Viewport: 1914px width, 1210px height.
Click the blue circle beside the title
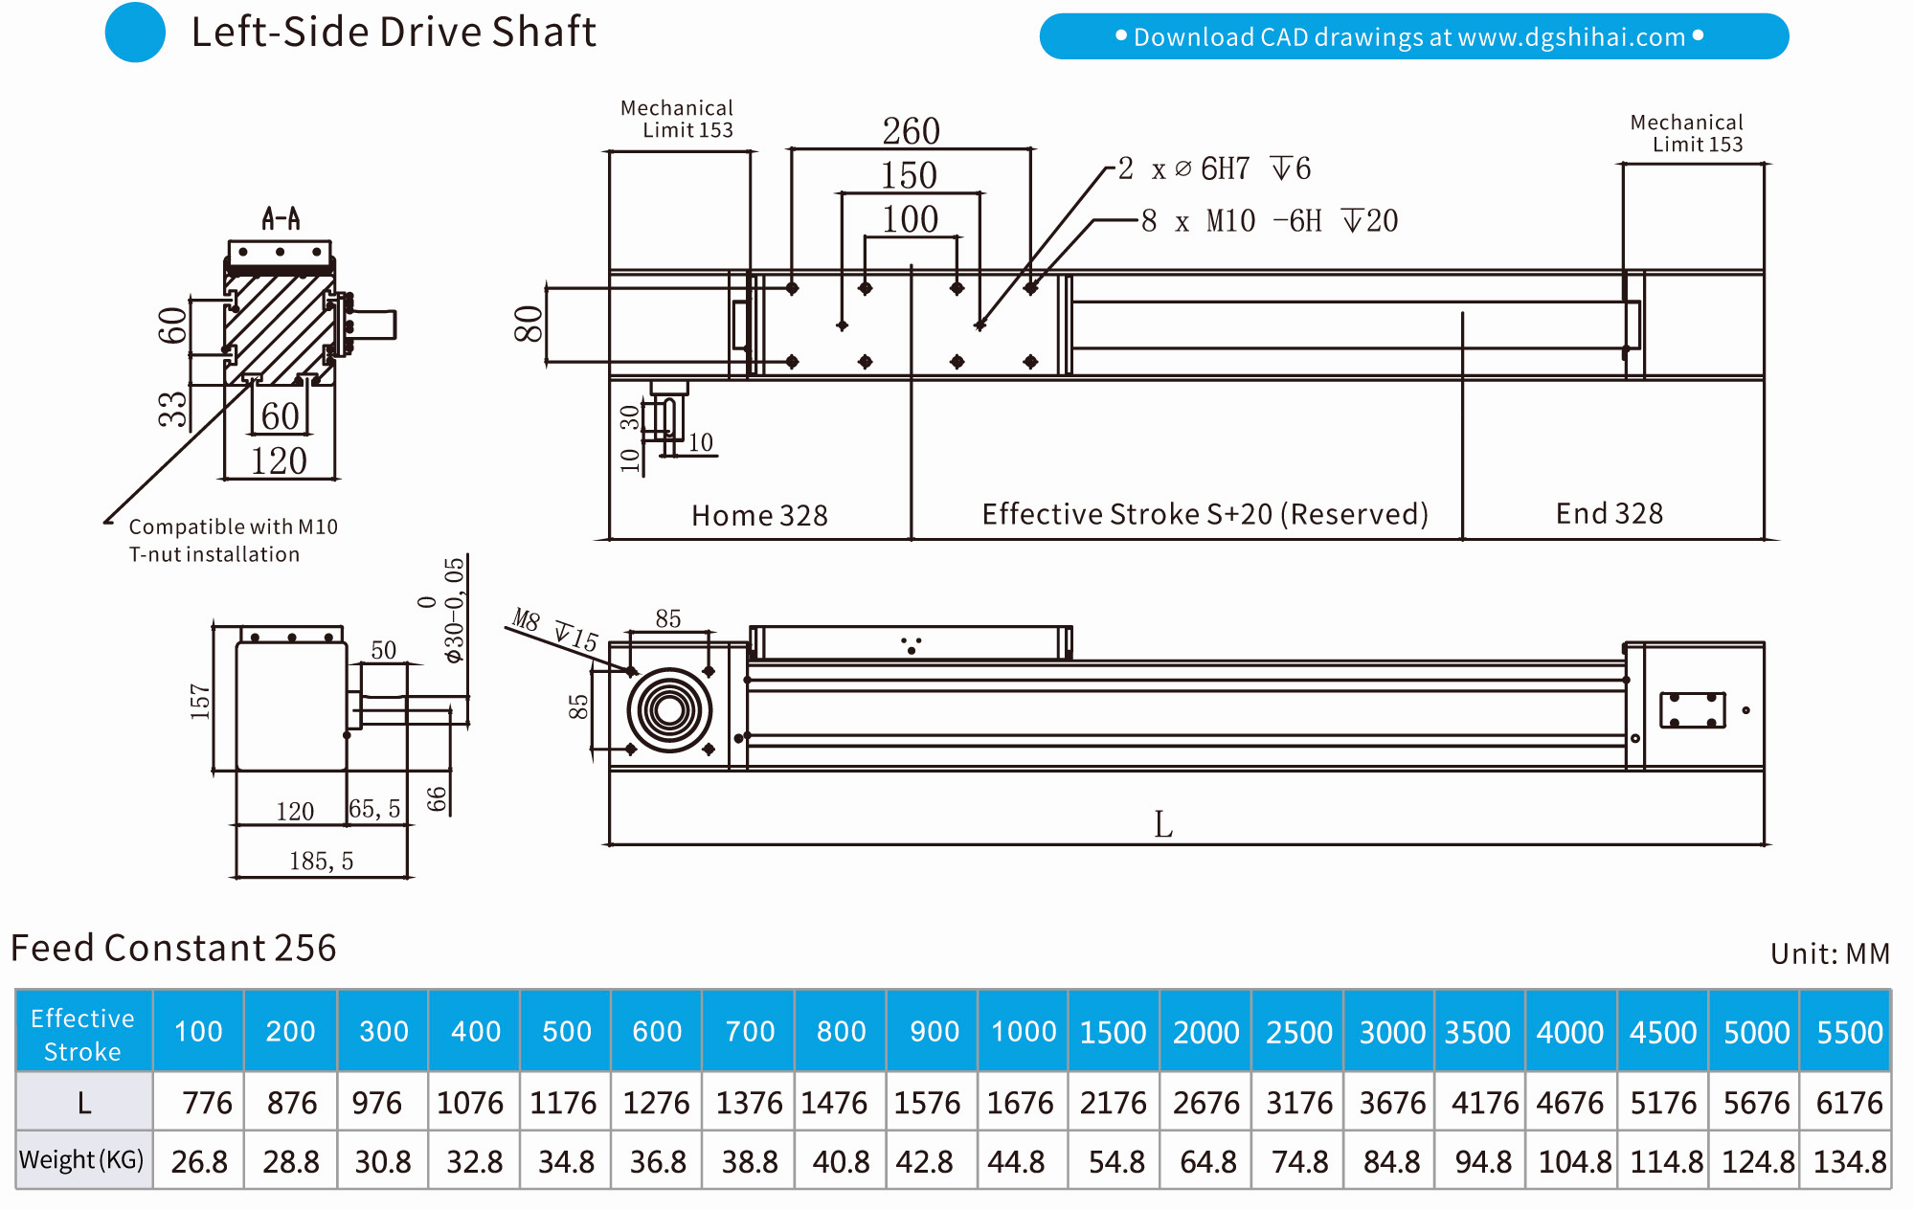click(135, 33)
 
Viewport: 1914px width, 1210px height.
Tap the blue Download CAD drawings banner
click(1413, 36)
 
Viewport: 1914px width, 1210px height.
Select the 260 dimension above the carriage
click(911, 131)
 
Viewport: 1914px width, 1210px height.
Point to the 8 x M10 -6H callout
click(1269, 221)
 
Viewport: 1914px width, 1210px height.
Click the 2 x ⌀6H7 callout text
click(1214, 169)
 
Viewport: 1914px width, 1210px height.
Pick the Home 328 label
click(759, 515)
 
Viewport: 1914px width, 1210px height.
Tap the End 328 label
click(1609, 513)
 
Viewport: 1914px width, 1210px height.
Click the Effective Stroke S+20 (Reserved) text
click(1205, 514)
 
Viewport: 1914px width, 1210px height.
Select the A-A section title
click(281, 219)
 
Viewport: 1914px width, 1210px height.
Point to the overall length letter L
click(1162, 824)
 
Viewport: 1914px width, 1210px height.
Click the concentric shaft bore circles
click(669, 710)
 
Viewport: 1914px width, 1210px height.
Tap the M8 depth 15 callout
click(555, 629)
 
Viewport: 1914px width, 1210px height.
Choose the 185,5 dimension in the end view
click(321, 861)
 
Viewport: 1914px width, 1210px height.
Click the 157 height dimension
click(199, 702)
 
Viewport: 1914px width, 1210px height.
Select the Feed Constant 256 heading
click(173, 948)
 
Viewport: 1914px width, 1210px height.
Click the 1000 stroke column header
click(1023, 1031)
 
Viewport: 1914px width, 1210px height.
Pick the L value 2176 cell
click(1113, 1103)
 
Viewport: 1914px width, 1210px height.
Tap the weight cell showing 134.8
click(1849, 1161)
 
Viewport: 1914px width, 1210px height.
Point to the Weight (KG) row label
click(82, 1160)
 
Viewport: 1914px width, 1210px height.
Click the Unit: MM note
click(1830, 953)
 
